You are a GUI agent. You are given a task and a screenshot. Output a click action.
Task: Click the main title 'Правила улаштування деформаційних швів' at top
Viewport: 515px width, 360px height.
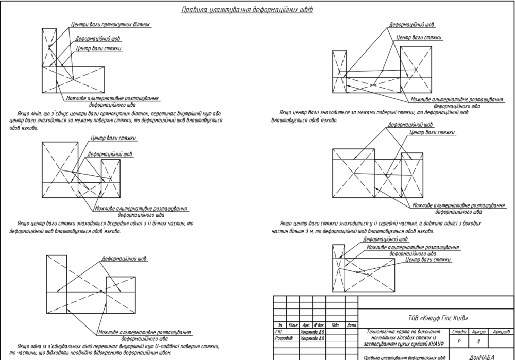247,10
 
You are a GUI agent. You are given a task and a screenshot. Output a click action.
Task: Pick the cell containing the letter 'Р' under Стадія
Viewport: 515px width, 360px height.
458,341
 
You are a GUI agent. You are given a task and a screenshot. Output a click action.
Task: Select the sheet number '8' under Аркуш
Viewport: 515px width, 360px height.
478,341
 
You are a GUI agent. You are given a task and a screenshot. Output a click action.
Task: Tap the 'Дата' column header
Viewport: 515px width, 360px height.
352,325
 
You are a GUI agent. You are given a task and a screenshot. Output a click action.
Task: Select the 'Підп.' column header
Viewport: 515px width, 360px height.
335,325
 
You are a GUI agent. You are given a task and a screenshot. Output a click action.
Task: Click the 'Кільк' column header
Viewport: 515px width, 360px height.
294,325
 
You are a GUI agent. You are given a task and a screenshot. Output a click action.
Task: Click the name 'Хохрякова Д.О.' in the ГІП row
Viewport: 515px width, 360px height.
313,332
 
